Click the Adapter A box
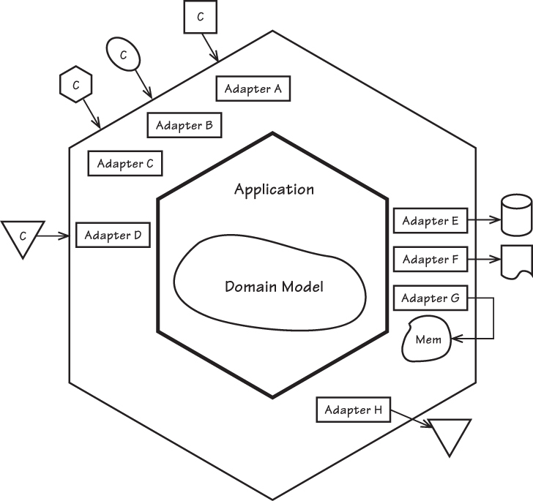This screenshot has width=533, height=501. pos(253,88)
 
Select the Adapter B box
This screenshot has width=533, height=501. pos(184,125)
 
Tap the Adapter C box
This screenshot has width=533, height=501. pos(124,163)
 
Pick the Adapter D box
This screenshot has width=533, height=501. pos(113,235)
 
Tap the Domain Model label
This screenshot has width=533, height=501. pos(274,286)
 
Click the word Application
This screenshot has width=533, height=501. pos(274,189)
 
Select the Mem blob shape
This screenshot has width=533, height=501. pos(427,341)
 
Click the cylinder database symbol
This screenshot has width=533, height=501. pos(515,214)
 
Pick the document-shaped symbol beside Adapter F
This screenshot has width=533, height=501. pos(515,261)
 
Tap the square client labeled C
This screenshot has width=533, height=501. pos(200,18)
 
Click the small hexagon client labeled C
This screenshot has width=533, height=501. pos(75,85)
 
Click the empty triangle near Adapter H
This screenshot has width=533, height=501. pos(449,437)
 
